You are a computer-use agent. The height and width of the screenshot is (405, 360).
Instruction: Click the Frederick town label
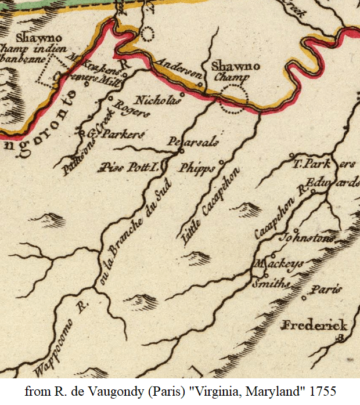314,325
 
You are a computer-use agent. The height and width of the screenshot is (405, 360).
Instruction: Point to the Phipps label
197,168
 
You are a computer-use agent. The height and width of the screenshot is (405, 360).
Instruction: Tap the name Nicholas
157,100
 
